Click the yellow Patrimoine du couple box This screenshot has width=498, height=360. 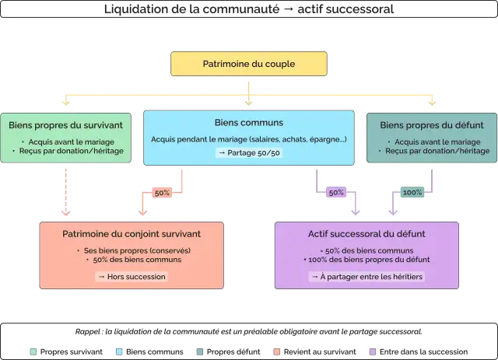249,64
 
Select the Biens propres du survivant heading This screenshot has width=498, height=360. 65,125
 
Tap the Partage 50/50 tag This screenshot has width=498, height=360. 249,152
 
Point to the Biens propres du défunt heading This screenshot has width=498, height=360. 432,125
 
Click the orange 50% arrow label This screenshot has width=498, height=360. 162,193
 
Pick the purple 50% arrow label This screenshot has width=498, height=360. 336,192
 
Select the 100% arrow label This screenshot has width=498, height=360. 412,192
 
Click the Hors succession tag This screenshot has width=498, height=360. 132,277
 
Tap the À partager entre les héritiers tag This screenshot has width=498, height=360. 366,277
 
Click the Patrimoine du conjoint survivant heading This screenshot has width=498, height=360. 132,234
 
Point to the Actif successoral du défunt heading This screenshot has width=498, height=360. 366,234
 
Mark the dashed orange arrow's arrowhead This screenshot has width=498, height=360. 65,212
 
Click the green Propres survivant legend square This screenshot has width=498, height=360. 33,351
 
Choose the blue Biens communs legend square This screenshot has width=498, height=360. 119,351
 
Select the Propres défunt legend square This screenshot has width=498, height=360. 200,351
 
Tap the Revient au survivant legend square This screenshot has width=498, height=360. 277,351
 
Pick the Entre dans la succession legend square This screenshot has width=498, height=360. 373,351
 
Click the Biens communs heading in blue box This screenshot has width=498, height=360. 249,123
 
